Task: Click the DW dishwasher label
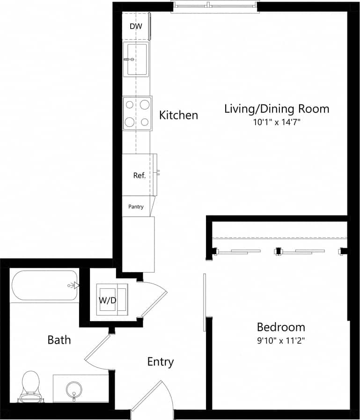[x=136, y=26]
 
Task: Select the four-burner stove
[x=137, y=113]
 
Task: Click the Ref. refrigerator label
[x=139, y=176]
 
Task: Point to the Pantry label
[x=136, y=206]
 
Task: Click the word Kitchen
[x=178, y=115]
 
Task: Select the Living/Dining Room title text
[x=276, y=109]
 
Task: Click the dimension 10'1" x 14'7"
[x=276, y=123]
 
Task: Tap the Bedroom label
[x=280, y=327]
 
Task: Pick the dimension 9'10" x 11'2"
[x=280, y=340]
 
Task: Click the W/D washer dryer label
[x=107, y=300]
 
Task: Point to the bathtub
[x=44, y=285]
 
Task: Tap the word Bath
[x=59, y=339]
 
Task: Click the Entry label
[x=161, y=361]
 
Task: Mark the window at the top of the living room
[x=214, y=6]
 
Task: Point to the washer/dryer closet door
[x=154, y=300]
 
